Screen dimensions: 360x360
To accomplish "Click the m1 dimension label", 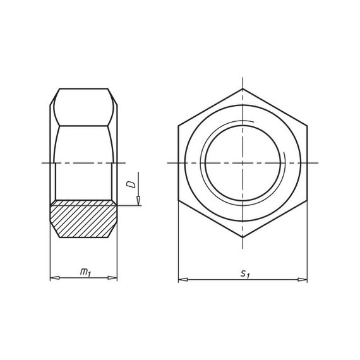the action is coord(85,272).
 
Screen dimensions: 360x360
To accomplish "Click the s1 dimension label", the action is coord(245,273).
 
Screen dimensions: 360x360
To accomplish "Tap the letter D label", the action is coord(131,184).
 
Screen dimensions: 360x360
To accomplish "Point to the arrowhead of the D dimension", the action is coord(138,201).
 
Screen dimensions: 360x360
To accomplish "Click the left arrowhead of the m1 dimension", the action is coord(55,278).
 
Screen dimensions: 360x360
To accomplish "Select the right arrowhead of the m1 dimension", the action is coord(112,278).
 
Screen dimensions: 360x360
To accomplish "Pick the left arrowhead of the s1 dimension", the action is coord(183,280).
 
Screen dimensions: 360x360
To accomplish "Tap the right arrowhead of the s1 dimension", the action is coord(303,280).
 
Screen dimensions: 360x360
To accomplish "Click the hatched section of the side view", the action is coord(83,219).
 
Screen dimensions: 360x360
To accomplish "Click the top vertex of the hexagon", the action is coord(243,89).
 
